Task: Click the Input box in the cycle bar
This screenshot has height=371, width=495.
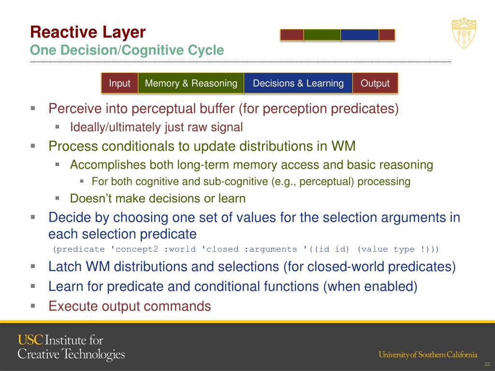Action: [x=119, y=83]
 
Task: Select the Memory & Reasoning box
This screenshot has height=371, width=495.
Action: [x=191, y=83]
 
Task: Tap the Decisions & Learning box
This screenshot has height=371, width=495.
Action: [x=298, y=83]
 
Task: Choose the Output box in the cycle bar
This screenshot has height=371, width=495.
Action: [x=375, y=83]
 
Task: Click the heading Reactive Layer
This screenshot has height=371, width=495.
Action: [x=87, y=32]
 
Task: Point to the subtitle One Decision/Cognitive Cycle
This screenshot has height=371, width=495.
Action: [x=127, y=50]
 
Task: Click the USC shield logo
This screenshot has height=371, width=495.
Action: [x=464, y=33]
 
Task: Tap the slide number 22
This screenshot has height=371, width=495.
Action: [x=487, y=364]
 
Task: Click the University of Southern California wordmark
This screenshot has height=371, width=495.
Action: [x=428, y=355]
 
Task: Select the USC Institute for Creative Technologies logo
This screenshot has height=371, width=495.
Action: [x=71, y=347]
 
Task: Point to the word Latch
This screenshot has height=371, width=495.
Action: [x=62, y=267]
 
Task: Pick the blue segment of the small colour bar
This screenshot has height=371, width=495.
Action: [x=360, y=35]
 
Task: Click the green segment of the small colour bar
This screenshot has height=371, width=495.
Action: [x=322, y=35]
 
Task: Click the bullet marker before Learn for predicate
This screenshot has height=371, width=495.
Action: [x=33, y=286]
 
